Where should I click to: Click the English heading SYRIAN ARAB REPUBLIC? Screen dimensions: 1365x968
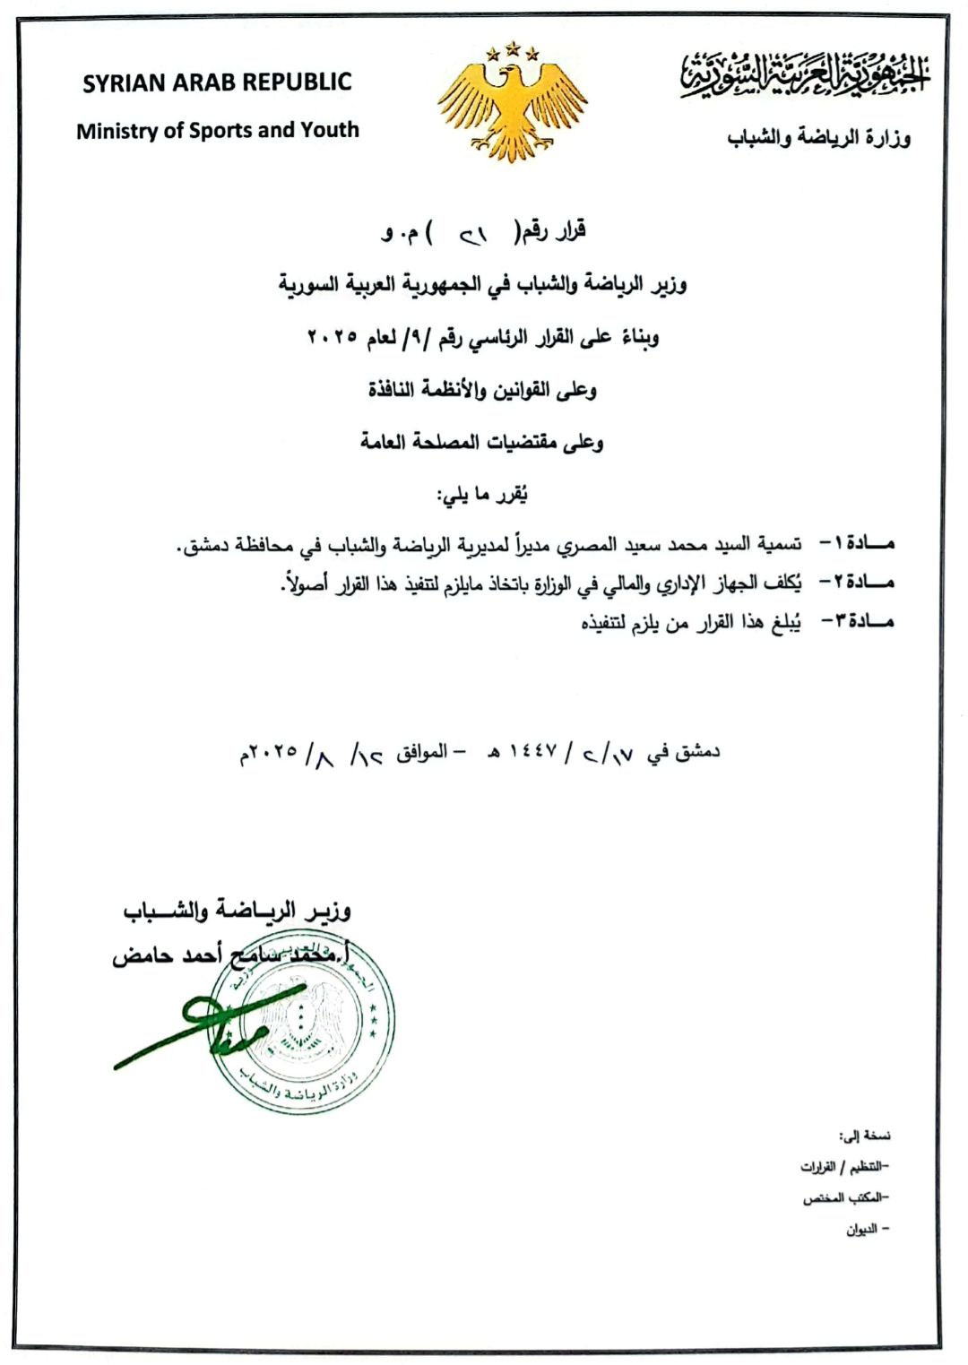coord(217,82)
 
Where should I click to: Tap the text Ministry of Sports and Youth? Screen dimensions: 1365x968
coord(217,131)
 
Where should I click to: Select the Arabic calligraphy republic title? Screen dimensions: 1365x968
coord(804,74)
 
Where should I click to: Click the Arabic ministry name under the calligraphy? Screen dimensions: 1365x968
coord(818,139)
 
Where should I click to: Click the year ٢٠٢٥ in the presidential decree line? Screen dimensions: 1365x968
coord(333,337)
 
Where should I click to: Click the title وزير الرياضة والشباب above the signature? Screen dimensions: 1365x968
coord(237,911)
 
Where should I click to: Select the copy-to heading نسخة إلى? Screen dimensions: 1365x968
coord(865,1136)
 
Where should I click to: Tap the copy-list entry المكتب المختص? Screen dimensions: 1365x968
coord(842,1198)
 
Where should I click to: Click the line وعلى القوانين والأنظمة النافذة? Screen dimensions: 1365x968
coord(482,390)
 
